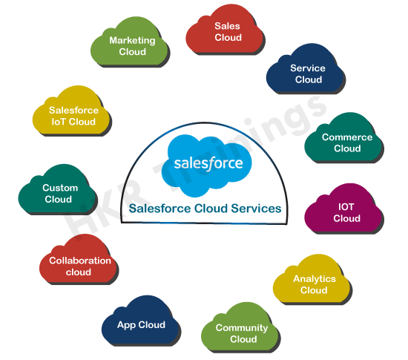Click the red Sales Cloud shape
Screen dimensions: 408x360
[x=225, y=30]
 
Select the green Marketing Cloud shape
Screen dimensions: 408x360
[x=130, y=42]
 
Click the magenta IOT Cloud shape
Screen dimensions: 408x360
[x=343, y=209]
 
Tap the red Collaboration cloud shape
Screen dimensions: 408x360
[x=79, y=260]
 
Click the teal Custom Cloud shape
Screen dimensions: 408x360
[x=58, y=190]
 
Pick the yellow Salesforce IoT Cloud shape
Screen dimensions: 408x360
[x=71, y=111]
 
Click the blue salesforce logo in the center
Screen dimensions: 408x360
[x=207, y=166]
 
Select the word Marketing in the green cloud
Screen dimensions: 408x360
[x=132, y=41]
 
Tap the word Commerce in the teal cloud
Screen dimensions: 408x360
[x=347, y=137]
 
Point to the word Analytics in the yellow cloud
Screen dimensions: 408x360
[x=315, y=279]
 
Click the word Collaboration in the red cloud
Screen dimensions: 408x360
[x=80, y=261]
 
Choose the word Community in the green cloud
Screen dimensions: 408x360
[x=242, y=328]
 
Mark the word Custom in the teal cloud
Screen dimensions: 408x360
[x=60, y=188]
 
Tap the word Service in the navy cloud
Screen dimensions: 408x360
[x=308, y=68]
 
